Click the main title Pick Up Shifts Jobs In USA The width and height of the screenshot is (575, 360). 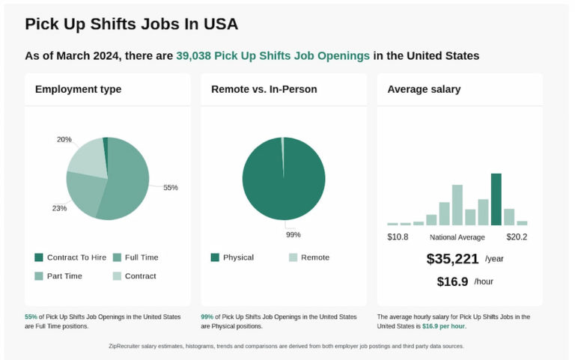point(132,24)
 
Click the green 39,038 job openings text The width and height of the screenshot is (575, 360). point(273,56)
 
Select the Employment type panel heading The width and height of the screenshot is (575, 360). point(78,89)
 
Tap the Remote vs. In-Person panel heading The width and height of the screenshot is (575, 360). point(264,89)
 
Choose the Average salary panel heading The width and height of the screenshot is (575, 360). point(424,89)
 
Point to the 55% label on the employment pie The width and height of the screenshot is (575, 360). point(171,187)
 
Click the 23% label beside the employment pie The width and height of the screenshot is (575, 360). point(59,208)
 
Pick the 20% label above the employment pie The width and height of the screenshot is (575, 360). point(64,140)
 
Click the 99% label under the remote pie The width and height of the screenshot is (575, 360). point(293,234)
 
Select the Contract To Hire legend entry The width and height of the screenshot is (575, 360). point(70,257)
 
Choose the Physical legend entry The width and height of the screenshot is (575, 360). point(233,257)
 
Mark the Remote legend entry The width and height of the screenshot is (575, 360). point(309,257)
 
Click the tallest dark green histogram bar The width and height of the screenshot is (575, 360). point(496,199)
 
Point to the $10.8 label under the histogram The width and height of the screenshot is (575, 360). point(398,237)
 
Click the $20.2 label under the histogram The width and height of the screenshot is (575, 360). point(517,237)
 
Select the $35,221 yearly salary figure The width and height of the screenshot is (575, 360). point(451,259)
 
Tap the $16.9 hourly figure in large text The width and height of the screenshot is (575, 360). point(452,281)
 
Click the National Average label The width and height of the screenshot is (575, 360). point(457,237)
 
